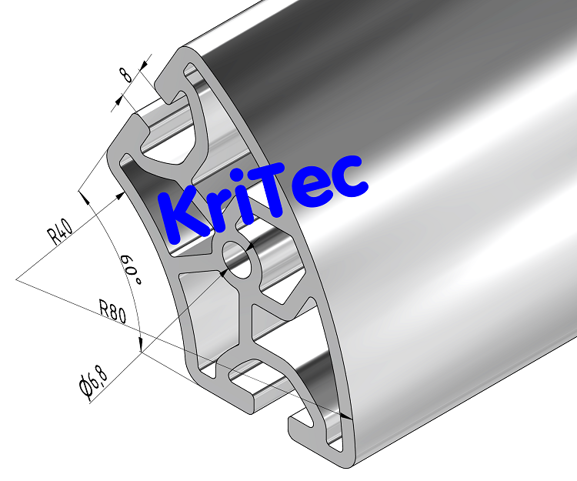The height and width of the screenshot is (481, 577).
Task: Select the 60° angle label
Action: click(x=131, y=271)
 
